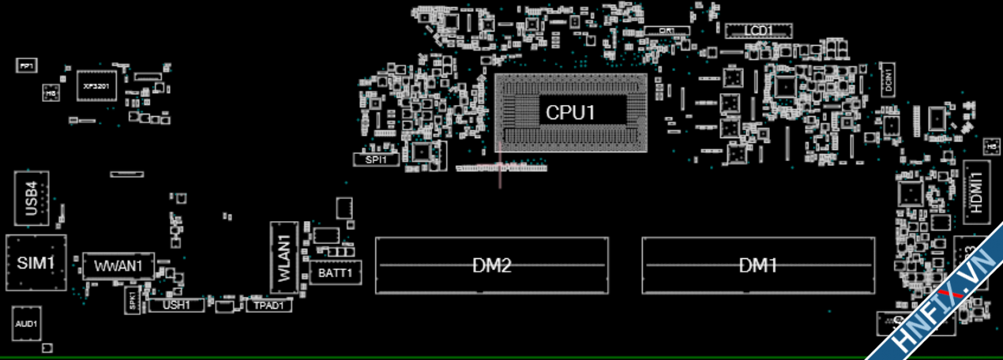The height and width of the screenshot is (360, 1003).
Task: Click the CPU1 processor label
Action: coord(570,112)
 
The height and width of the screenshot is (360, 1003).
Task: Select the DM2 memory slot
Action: coord(491,265)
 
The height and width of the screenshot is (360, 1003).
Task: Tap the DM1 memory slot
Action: coord(757,265)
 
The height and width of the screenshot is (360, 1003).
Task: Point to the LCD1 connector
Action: coord(758,30)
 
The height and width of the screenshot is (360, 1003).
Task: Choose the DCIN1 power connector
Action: coord(888,79)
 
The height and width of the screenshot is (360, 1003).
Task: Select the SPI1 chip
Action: coord(377,159)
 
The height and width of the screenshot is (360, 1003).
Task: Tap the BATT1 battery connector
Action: coord(335,273)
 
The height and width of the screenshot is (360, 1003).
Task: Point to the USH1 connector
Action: coord(176,305)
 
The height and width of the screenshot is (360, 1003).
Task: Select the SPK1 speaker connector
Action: coord(132,301)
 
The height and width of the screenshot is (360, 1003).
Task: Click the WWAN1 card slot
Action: coord(118,266)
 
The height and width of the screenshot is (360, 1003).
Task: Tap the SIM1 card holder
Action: coord(36,262)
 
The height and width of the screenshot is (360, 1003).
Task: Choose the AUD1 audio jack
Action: coord(26,324)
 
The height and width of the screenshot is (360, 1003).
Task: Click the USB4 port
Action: coord(32,198)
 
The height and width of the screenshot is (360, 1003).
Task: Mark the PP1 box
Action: coord(26,66)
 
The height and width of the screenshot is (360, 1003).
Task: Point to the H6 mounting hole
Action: coord(51,93)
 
